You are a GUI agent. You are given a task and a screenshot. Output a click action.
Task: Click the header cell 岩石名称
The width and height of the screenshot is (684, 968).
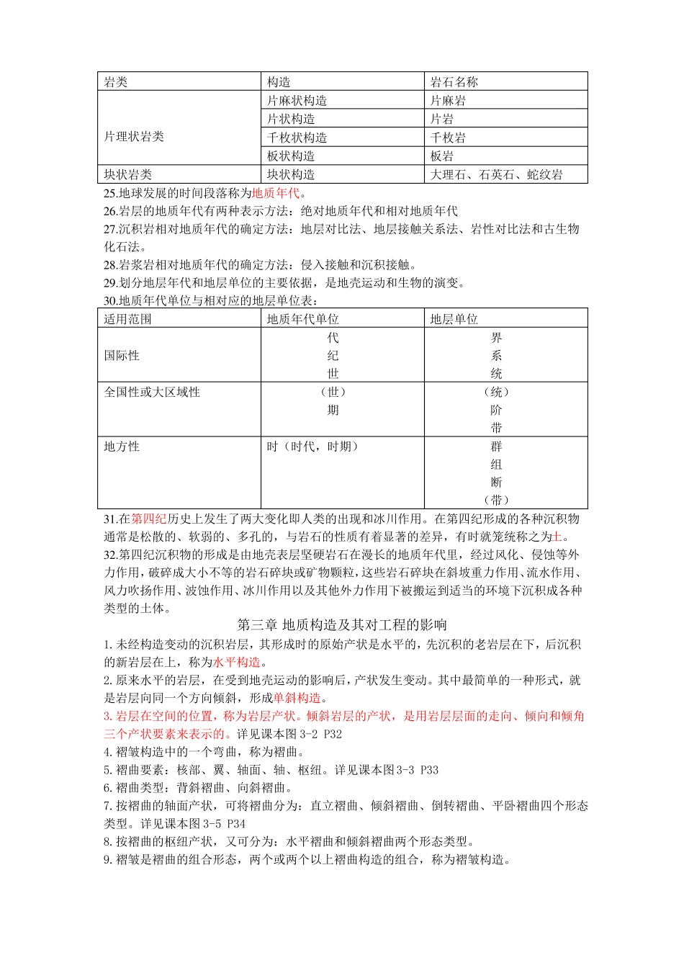click(x=454, y=82)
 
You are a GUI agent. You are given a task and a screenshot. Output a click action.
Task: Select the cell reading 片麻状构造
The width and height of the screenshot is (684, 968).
click(x=297, y=101)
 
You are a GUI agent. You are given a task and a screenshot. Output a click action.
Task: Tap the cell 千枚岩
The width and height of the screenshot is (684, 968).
click(x=448, y=138)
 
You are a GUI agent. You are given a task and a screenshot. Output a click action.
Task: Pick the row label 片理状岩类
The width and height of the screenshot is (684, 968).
click(x=134, y=136)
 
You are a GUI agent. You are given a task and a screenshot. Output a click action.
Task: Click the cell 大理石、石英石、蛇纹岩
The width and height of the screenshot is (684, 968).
click(x=496, y=174)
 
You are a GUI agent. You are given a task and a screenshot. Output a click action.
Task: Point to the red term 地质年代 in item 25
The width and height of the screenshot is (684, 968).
click(x=276, y=193)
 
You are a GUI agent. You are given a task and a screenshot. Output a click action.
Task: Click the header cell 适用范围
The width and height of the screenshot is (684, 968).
click(x=127, y=319)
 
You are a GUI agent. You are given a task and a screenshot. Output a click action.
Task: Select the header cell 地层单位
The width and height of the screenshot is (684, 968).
click(x=454, y=319)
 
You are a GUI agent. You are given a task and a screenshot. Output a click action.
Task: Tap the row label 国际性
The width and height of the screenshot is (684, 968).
click(x=122, y=355)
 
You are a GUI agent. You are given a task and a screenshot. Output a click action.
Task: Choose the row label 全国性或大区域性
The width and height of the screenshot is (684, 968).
click(x=152, y=392)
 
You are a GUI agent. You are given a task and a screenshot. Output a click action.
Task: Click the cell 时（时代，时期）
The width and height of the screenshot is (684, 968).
click(x=312, y=447)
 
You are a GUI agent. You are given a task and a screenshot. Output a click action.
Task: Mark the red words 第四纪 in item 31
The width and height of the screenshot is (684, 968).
click(x=149, y=519)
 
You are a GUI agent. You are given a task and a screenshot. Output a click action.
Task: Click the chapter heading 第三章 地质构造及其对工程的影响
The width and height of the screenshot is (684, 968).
click(x=342, y=624)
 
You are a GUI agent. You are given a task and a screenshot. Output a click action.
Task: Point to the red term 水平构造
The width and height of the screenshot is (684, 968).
click(x=237, y=662)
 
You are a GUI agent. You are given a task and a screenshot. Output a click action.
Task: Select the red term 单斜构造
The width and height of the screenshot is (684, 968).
click(x=297, y=698)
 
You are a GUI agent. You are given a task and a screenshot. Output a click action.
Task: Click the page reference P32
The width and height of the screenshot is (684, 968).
click(x=333, y=734)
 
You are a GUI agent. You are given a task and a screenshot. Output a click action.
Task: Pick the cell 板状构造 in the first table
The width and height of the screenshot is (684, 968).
click(x=291, y=156)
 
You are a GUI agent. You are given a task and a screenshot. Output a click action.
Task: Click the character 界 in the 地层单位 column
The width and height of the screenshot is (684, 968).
click(x=496, y=337)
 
